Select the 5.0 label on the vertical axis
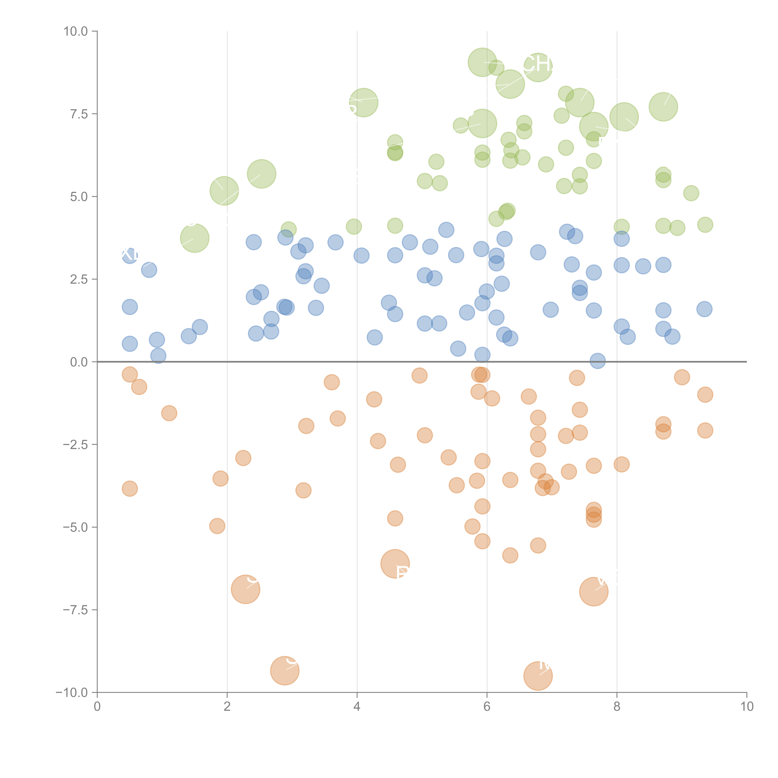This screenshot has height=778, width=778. pyautogui.click(x=79, y=197)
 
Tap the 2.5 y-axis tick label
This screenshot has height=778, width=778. pyautogui.click(x=79, y=279)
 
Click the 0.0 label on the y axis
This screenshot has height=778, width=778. pyautogui.click(x=79, y=362)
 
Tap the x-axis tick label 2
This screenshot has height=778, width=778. pyautogui.click(x=227, y=707)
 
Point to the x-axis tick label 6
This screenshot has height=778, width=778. pyautogui.click(x=487, y=707)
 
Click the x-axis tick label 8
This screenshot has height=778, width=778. pyautogui.click(x=617, y=707)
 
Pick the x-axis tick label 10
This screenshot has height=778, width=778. pyautogui.click(x=747, y=707)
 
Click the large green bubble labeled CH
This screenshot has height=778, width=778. pyautogui.click(x=538, y=67)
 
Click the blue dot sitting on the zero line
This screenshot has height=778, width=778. pyautogui.click(x=598, y=361)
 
